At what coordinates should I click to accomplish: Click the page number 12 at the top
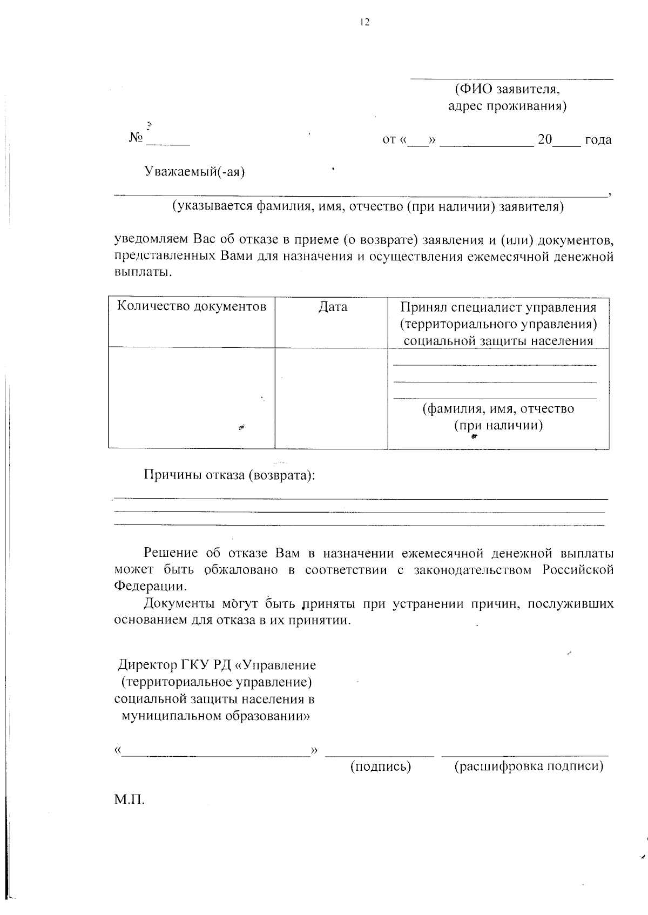[364, 22]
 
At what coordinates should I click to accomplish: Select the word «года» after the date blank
[598, 140]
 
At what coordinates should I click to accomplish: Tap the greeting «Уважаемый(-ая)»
[194, 172]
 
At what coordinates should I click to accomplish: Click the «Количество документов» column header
[192, 307]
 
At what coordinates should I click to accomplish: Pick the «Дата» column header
[333, 307]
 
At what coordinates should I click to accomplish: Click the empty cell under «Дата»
[331, 398]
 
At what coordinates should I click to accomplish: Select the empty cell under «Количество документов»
[192, 398]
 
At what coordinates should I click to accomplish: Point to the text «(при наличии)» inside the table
[498, 425]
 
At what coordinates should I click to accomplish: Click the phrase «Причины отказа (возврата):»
[229, 475]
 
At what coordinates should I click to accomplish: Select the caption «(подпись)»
[381, 766]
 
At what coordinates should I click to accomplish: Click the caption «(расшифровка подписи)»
[529, 766]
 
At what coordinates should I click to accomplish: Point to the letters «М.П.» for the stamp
[130, 799]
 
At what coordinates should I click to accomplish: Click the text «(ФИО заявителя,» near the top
[507, 89]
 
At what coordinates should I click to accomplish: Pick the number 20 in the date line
[545, 139]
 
